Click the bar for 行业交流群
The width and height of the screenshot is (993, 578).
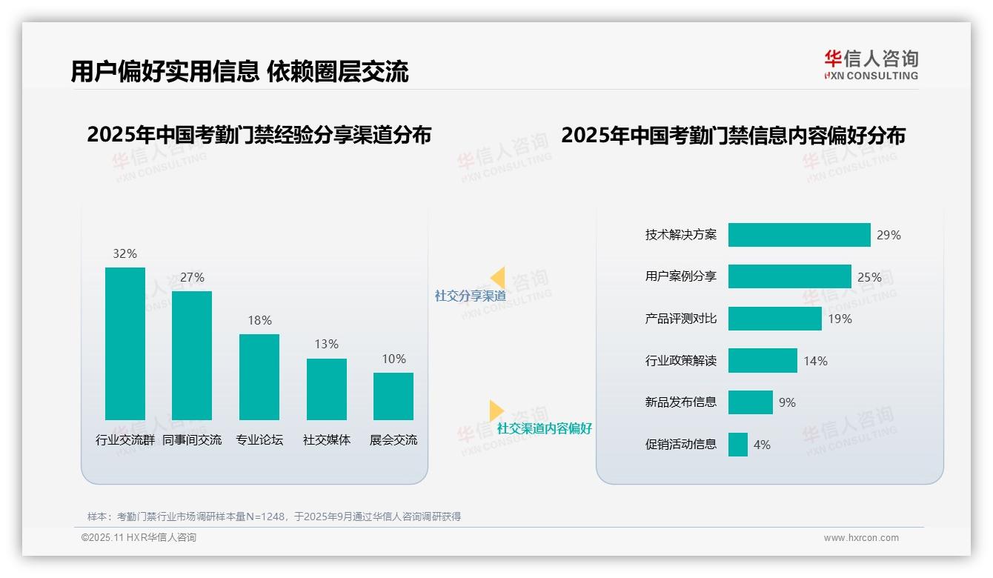[x=125, y=344]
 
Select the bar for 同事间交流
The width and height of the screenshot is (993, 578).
[x=192, y=356]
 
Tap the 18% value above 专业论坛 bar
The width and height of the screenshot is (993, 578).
[x=259, y=320]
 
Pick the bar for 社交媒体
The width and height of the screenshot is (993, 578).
[x=326, y=389]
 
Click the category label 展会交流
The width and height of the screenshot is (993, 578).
[x=393, y=439]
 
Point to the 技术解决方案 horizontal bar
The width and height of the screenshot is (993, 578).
[x=799, y=235]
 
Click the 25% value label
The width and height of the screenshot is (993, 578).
[x=869, y=277]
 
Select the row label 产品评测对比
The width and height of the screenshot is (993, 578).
[x=681, y=319]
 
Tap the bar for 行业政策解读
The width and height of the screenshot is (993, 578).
[x=763, y=361]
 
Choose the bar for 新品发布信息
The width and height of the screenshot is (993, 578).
[x=750, y=402]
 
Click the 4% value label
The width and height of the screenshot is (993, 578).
[x=762, y=445]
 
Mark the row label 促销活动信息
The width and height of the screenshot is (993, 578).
[x=681, y=445]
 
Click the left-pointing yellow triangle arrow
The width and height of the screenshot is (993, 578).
[x=498, y=277]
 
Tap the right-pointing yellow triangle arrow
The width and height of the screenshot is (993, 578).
[x=496, y=411]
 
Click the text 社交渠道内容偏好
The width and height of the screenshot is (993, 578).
[x=545, y=428]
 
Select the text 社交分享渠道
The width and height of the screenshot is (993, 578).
[x=470, y=296]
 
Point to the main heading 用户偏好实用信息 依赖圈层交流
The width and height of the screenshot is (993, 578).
[x=239, y=72]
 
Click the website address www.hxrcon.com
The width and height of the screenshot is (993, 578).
[x=861, y=538]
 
